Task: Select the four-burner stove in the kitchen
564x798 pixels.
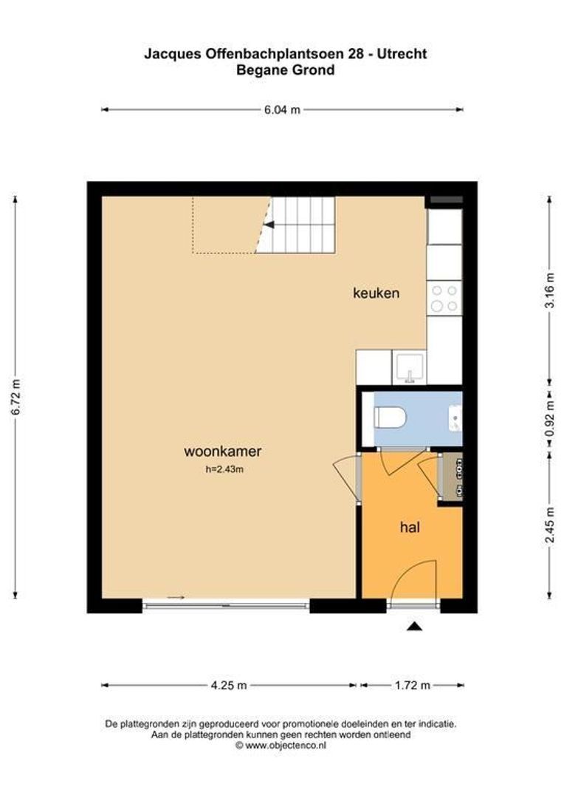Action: coord(444,297)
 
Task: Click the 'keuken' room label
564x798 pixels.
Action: coord(376,293)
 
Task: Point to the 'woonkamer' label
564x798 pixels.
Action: coord(223,451)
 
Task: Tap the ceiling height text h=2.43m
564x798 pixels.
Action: coord(224,468)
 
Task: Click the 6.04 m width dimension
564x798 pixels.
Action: coord(282,110)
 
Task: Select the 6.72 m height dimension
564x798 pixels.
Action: coord(16,398)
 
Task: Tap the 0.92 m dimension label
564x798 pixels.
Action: coord(550,417)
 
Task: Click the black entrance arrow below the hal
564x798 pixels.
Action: coord(414,627)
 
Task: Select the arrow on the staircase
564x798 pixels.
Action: coord(269,225)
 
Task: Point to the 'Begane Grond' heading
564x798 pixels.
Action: coord(285,70)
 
